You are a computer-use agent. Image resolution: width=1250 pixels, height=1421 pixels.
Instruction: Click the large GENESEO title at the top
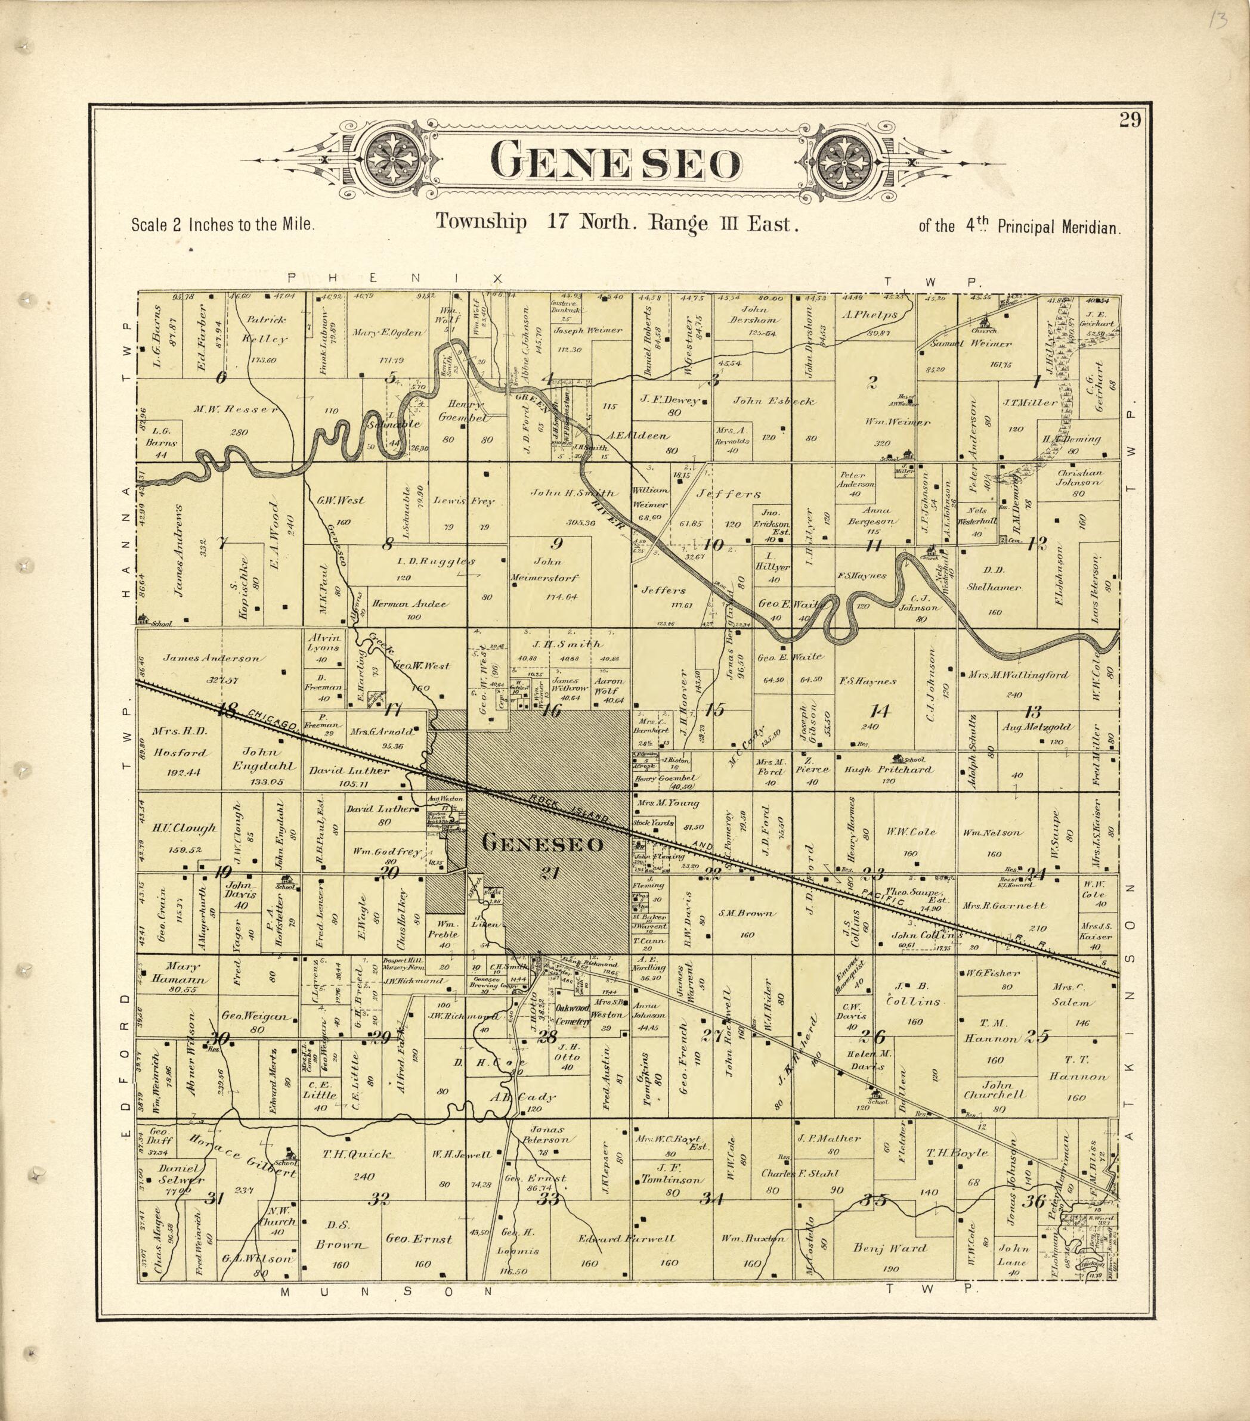(x=616, y=163)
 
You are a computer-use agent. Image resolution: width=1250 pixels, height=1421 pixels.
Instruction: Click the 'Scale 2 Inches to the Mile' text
(x=222, y=226)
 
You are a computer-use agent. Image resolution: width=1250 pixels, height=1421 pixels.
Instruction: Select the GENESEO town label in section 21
(x=543, y=844)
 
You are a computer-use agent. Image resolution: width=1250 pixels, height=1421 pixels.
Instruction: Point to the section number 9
(x=556, y=543)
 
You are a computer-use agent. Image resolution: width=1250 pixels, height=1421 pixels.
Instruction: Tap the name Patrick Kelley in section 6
(x=264, y=330)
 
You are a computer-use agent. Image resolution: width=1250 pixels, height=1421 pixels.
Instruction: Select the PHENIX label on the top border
(x=394, y=278)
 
